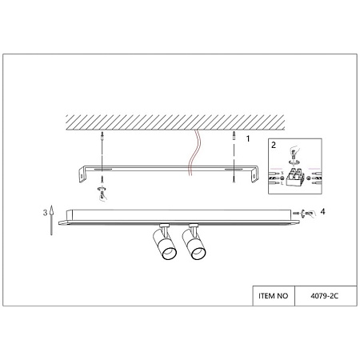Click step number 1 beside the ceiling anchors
pyautogui.click(x=248, y=139)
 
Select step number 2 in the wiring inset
pyautogui.click(x=274, y=145)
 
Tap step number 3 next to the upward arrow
pyautogui.click(x=46, y=213)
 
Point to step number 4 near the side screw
pyautogui.click(x=322, y=212)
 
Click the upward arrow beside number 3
pyautogui.click(x=52, y=220)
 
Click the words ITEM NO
pyautogui.click(x=274, y=296)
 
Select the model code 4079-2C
pyautogui.click(x=324, y=296)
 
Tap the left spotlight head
pyautogui.click(x=165, y=243)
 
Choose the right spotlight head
pyautogui.click(x=194, y=243)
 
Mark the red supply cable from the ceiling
pyautogui.click(x=194, y=153)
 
